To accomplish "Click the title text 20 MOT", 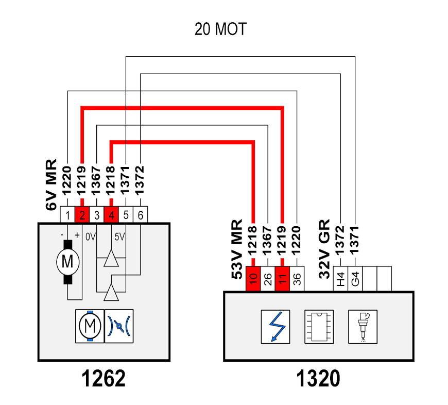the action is [220, 29].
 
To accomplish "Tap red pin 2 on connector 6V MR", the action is [82, 215].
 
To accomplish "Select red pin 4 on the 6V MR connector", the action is [111, 215].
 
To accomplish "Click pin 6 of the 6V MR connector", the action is [140, 215].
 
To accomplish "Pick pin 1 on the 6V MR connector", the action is [67, 215].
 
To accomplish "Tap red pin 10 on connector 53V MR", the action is [253, 279].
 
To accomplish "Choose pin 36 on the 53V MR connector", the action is [297, 279].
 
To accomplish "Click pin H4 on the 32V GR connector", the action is [340, 279].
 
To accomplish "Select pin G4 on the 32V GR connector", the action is [355, 279].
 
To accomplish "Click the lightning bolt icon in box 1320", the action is [275, 327].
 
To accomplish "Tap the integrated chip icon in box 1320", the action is [319, 327].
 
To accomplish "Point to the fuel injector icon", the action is [363, 327].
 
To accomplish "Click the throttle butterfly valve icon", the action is [119, 326].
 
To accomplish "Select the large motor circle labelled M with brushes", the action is [67, 262].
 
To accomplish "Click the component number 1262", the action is [104, 378].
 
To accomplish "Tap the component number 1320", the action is [318, 378].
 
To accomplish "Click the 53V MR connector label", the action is [237, 249].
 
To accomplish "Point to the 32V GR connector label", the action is [324, 249].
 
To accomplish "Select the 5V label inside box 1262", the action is [119, 237].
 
